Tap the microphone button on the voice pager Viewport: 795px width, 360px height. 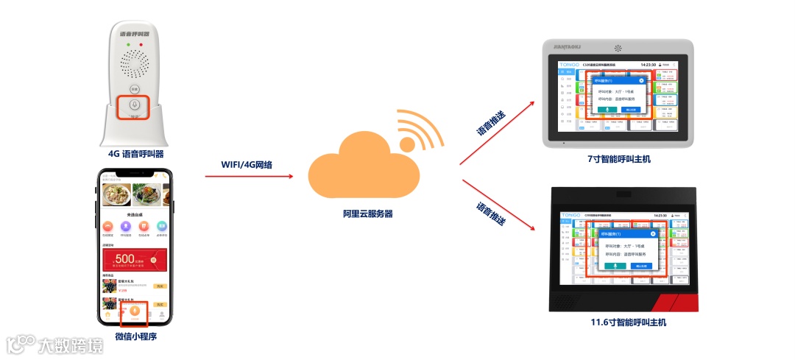click(134, 105)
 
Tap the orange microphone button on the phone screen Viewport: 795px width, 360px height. click(134, 311)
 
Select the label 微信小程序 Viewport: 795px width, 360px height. click(136, 337)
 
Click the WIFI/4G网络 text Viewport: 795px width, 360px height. click(247, 164)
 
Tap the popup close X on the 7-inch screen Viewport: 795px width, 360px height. click(641, 80)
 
